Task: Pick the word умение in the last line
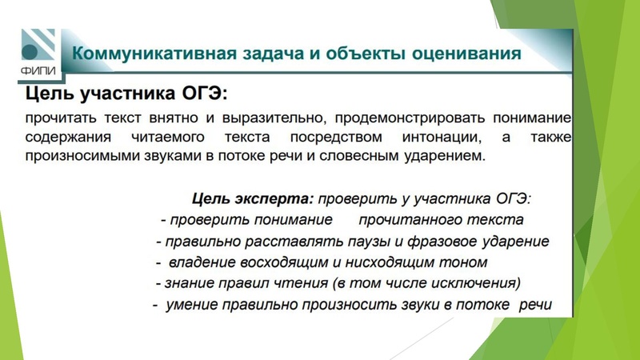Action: click(192, 305)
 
